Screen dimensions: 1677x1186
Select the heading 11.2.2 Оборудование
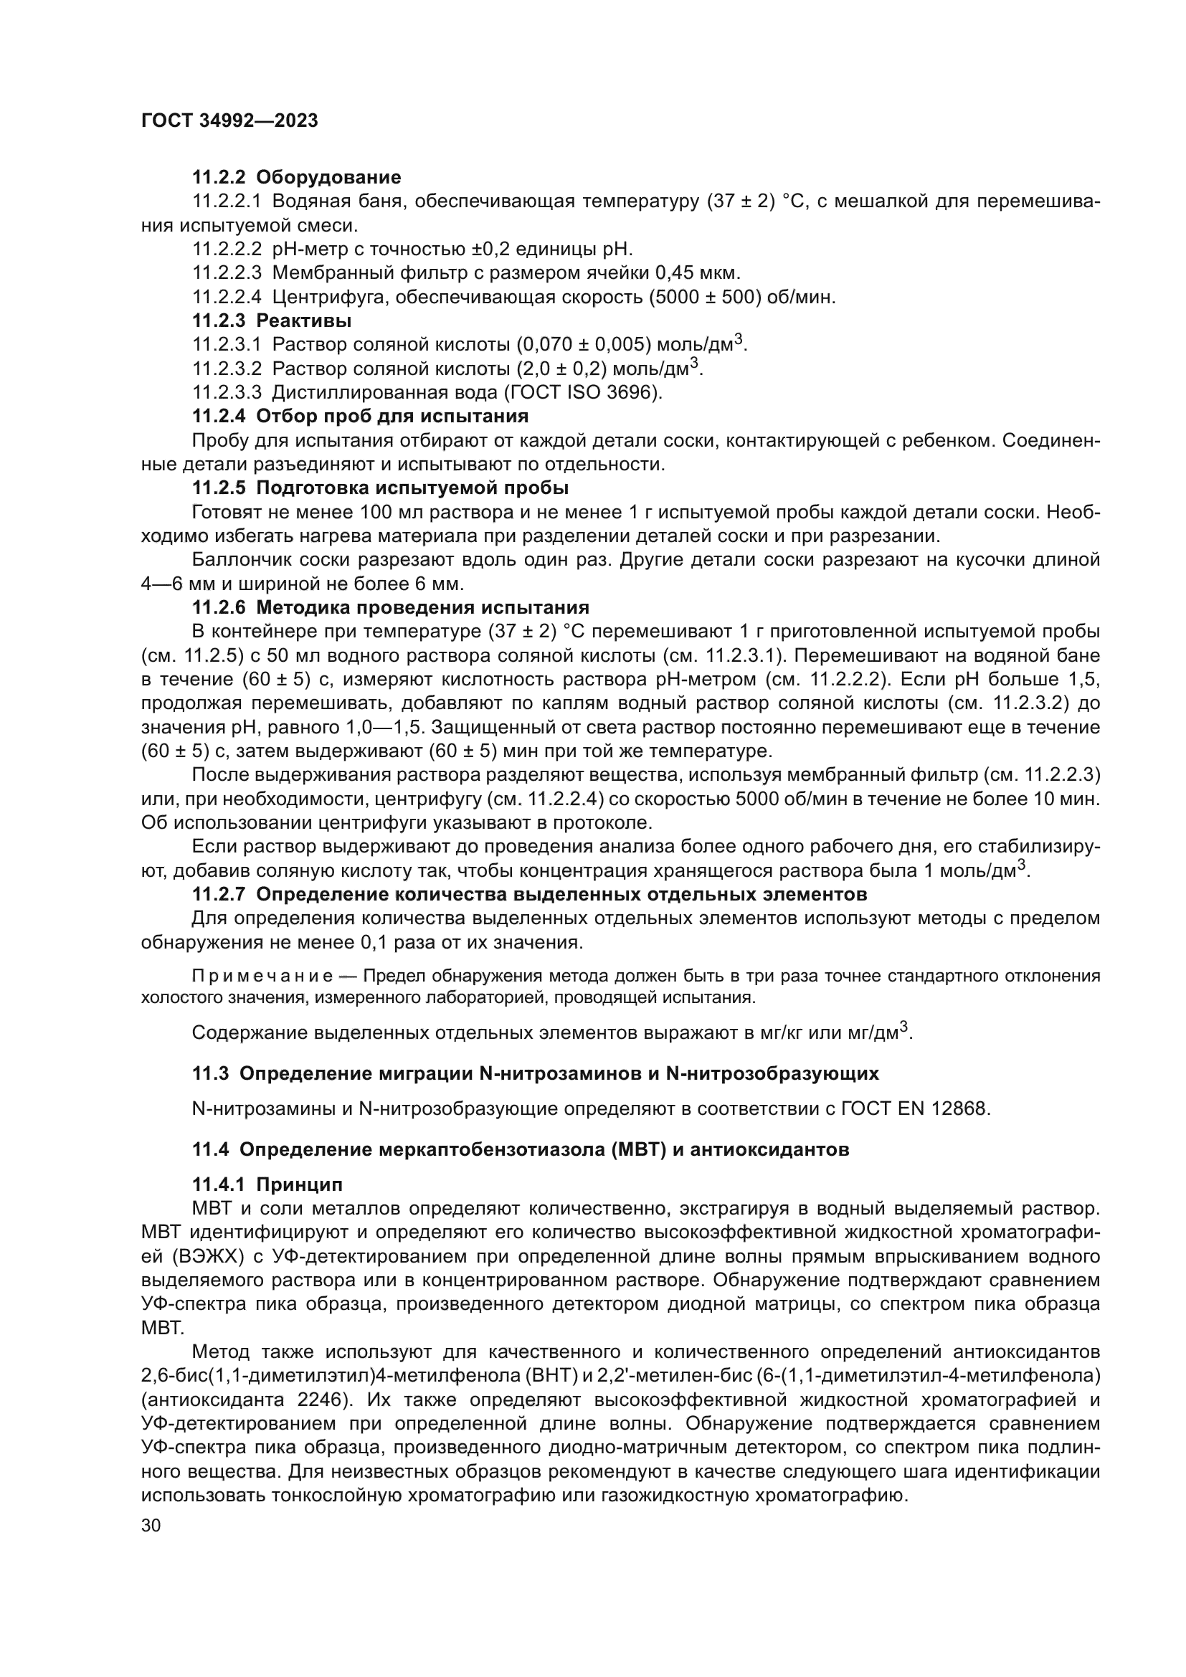click(297, 178)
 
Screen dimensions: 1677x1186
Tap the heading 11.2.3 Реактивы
click(272, 320)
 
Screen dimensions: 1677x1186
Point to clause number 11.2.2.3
click(227, 273)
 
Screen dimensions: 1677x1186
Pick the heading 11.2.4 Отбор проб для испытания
click(360, 417)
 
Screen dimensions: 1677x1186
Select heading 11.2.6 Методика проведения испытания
click(390, 608)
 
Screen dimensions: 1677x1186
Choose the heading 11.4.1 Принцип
click(267, 1184)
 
